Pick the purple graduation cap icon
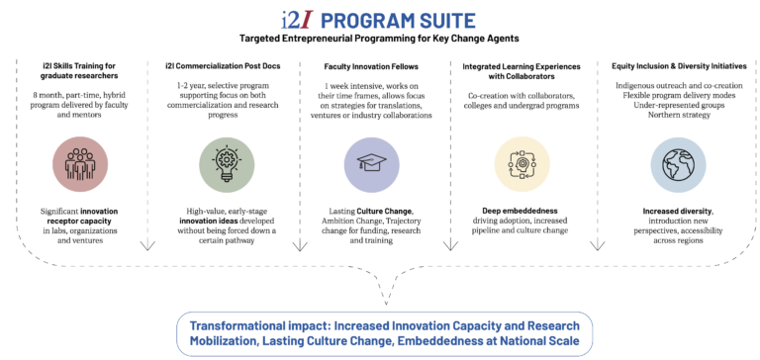[371, 161]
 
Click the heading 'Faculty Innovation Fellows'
[371, 65]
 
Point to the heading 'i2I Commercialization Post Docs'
[224, 65]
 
